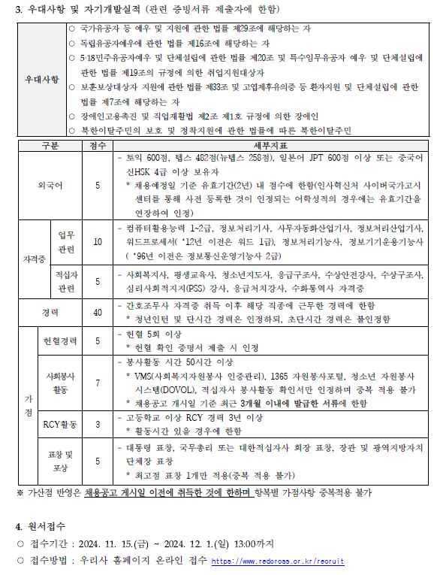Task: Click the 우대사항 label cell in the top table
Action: (41, 79)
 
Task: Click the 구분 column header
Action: (50, 145)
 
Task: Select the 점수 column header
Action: (97, 145)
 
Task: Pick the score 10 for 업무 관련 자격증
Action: (97, 242)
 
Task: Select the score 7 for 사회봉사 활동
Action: (97, 383)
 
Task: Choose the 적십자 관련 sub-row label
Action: (65, 282)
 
